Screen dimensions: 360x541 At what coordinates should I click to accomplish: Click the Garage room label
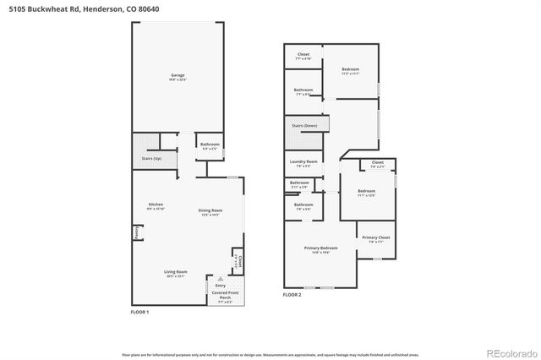(x=178, y=76)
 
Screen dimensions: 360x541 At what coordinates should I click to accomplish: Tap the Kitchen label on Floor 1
(x=156, y=205)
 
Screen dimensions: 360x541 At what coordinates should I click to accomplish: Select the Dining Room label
(x=210, y=211)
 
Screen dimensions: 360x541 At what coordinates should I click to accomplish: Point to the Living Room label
(x=176, y=272)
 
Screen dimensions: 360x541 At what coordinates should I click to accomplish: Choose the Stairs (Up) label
(x=140, y=157)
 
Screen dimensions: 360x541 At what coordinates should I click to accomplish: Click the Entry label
(x=221, y=286)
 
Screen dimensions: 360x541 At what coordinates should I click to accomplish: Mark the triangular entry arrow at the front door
(x=221, y=278)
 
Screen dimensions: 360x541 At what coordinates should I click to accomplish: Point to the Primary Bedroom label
(x=321, y=248)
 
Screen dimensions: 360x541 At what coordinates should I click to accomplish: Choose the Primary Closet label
(x=376, y=238)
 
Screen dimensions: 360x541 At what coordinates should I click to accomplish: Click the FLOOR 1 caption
(x=139, y=313)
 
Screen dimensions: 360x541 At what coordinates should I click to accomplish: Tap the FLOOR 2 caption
(x=292, y=294)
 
